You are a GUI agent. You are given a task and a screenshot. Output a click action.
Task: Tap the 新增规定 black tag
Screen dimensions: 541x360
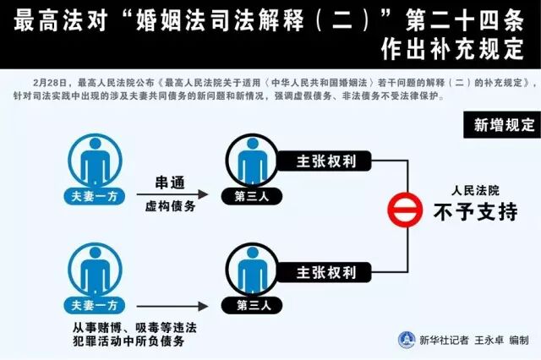click(x=504, y=126)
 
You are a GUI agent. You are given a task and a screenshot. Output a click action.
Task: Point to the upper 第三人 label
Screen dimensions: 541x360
click(x=245, y=196)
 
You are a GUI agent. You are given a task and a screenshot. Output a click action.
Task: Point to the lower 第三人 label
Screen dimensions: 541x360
click(x=245, y=305)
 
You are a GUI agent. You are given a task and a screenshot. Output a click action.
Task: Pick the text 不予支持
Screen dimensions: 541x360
click(x=475, y=211)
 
